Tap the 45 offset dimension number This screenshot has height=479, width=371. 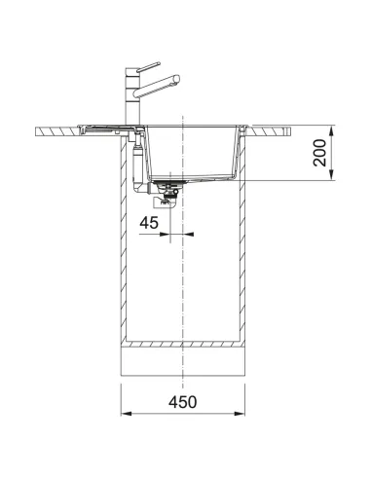pyautogui.click(x=149, y=223)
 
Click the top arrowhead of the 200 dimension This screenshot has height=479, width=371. pyautogui.click(x=333, y=129)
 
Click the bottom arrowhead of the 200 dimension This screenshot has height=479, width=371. pyautogui.click(x=333, y=178)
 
